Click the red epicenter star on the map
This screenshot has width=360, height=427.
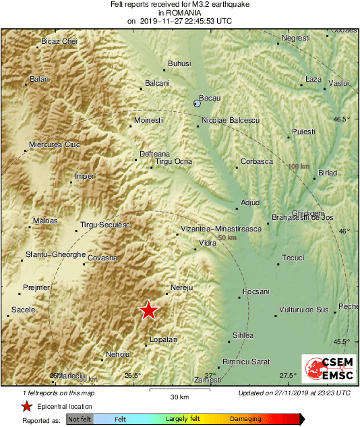148,310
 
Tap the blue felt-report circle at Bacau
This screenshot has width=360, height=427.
197,103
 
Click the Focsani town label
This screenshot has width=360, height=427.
256,291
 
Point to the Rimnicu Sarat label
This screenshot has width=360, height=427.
246,362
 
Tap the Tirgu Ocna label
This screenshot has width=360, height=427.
174,161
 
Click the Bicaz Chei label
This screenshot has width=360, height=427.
59,41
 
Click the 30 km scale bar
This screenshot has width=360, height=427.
179,390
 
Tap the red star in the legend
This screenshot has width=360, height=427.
26,406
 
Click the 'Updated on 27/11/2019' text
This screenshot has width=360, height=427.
294,393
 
